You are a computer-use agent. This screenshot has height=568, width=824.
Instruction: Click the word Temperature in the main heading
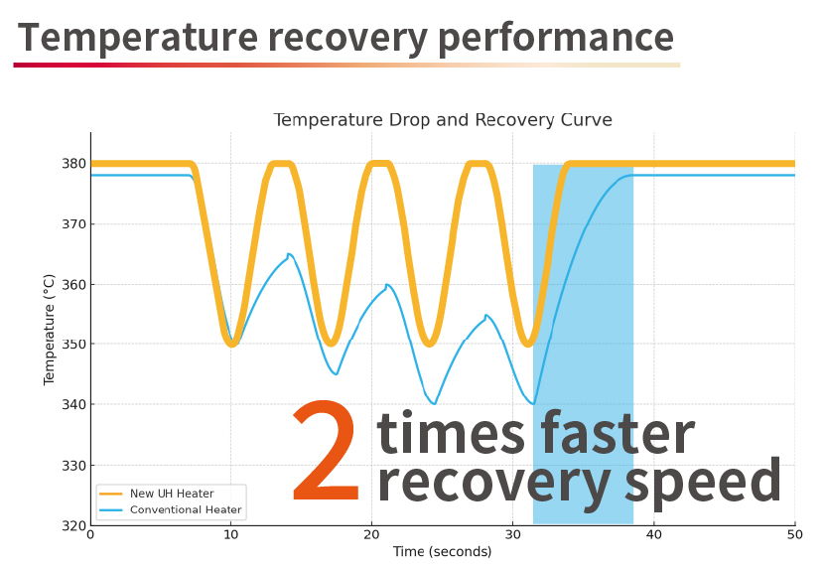click(138, 38)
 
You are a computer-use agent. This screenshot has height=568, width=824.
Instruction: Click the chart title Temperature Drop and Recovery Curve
click(443, 120)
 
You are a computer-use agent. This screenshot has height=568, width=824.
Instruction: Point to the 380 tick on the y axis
click(73, 164)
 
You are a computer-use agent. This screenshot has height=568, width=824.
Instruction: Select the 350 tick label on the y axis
click(73, 345)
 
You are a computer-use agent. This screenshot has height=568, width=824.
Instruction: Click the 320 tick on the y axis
click(73, 525)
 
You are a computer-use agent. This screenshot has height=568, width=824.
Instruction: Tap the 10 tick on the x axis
click(230, 534)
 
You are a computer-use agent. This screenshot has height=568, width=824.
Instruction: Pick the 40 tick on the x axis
click(653, 534)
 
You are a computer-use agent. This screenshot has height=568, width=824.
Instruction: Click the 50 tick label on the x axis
click(794, 534)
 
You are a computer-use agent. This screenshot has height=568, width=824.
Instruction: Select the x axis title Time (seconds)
click(443, 552)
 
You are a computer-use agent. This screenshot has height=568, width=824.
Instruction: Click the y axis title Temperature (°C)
click(49, 330)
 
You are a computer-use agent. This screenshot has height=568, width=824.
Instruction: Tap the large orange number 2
click(327, 451)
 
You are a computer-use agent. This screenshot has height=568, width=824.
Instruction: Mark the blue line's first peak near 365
click(288, 254)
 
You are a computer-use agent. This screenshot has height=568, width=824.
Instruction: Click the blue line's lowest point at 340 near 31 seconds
click(533, 403)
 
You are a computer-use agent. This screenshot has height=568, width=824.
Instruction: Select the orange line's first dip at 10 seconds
click(231, 345)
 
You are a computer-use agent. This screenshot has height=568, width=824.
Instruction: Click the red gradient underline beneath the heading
click(346, 66)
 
